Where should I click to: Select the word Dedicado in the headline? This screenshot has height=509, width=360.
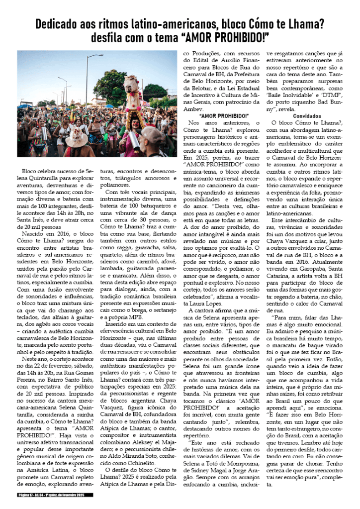[58, 23]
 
